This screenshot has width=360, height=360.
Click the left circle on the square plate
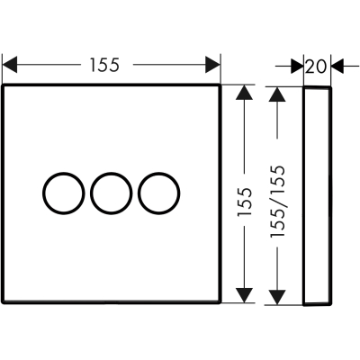(43, 193)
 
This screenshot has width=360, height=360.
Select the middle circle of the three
(91, 193)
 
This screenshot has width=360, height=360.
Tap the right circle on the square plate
(139, 193)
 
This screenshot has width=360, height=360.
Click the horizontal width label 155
(105, 65)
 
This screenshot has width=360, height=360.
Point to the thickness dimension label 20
(316, 67)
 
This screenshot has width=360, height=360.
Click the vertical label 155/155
(277, 202)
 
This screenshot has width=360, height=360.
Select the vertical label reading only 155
(244, 202)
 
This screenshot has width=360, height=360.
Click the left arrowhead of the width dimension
(10, 65)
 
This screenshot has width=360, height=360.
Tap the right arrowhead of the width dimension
(213, 65)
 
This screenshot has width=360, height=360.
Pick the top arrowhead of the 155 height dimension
(244, 93)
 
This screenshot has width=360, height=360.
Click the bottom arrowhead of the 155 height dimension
(244, 295)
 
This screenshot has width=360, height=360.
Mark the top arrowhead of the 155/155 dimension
(277, 94)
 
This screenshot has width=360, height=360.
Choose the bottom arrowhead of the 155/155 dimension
(277, 297)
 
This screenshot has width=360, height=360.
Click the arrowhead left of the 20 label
(297, 66)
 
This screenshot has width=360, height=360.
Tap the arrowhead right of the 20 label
(337, 66)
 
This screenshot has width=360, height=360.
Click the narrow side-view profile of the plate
(303, 196)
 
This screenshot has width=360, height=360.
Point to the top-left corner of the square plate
(3, 85)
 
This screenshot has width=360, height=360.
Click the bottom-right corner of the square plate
(220, 301)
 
